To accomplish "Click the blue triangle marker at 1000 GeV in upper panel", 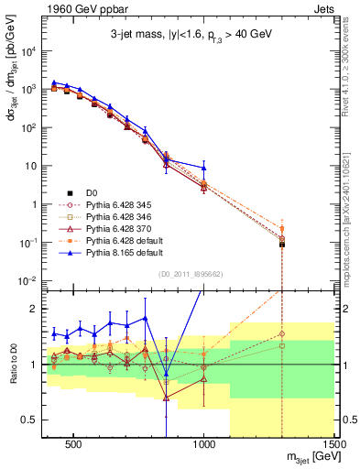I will tap(204, 168).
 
